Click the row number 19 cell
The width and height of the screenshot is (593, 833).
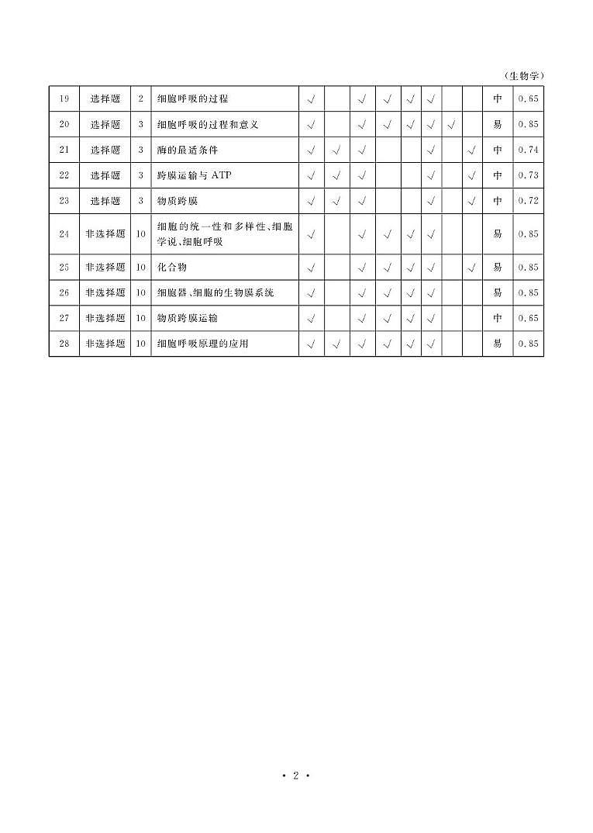[x=64, y=99]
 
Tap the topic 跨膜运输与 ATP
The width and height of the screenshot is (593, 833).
[x=194, y=175]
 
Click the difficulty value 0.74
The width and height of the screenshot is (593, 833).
[x=528, y=150]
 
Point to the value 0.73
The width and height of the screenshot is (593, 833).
[x=528, y=175]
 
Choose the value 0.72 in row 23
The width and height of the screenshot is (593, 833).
[x=528, y=201]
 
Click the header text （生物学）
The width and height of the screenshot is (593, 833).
[x=524, y=76]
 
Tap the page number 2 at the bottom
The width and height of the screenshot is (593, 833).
[x=295, y=776]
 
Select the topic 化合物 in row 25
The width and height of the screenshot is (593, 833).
[x=172, y=267]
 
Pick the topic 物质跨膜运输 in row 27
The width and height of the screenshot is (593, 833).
[x=188, y=318]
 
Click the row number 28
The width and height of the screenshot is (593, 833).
[x=64, y=344]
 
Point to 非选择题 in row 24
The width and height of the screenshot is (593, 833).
[x=105, y=233]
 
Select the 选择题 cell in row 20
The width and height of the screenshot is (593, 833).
[x=105, y=124]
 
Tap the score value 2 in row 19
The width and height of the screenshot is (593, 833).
[x=140, y=99]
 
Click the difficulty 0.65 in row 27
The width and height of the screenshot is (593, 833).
[x=528, y=318]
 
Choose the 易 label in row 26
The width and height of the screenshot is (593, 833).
[x=497, y=292]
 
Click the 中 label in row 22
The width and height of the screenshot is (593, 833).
[x=497, y=175]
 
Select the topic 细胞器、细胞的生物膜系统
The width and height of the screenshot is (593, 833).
[x=215, y=292]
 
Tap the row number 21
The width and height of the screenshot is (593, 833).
[x=64, y=150]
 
